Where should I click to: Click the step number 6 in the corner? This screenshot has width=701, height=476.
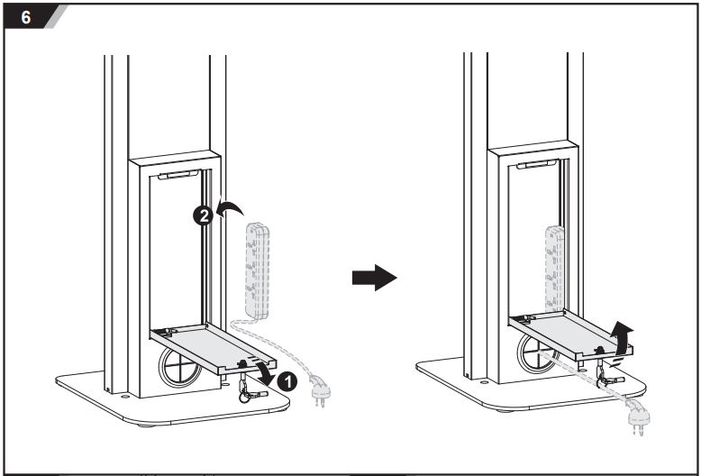tap(26, 15)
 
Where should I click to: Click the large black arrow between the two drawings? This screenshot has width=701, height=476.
tap(373, 278)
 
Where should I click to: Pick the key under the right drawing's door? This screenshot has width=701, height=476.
tap(605, 378)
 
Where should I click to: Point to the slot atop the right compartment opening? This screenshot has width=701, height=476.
tap(536, 163)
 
